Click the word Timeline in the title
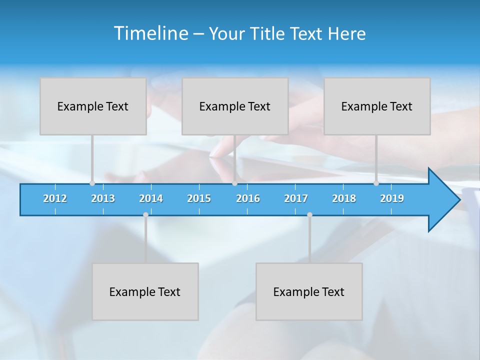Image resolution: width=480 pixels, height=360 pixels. pyautogui.click(x=150, y=33)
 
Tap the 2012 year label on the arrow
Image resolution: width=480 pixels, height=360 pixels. pyautogui.click(x=55, y=198)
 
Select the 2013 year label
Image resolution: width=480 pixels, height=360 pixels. pyautogui.click(x=103, y=198)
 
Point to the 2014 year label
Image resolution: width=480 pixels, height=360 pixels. pyautogui.click(x=151, y=198)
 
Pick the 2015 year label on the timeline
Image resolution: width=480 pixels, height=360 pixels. pyautogui.click(x=199, y=198)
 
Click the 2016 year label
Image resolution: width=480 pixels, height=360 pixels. pyautogui.click(x=248, y=198)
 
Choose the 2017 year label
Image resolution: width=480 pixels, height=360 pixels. pyautogui.click(x=296, y=198)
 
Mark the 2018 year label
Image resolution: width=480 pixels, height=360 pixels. pyautogui.click(x=344, y=198)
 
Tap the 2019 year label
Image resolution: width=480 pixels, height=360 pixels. pyautogui.click(x=392, y=198)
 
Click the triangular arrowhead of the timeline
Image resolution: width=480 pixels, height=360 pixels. pyautogui.click(x=443, y=200)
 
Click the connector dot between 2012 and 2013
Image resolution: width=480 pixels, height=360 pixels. pyautogui.click(x=92, y=183)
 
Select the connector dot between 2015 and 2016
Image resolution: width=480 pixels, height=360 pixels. pyautogui.click(x=234, y=183)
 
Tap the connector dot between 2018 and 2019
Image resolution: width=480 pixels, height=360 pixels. pyautogui.click(x=376, y=183)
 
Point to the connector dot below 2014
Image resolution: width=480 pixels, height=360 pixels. pyautogui.click(x=145, y=215)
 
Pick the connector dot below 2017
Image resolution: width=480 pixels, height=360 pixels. pyautogui.click(x=309, y=215)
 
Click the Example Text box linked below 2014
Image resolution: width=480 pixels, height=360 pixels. pyautogui.click(x=145, y=291)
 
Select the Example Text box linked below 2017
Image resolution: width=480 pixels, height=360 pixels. pyautogui.click(x=309, y=291)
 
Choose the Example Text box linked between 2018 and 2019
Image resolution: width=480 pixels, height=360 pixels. pyautogui.click(x=377, y=106)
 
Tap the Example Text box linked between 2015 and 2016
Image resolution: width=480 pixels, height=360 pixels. pyautogui.click(x=235, y=106)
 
